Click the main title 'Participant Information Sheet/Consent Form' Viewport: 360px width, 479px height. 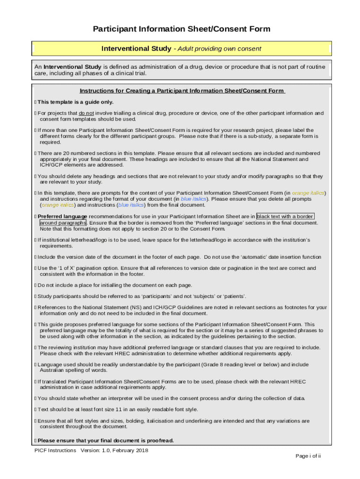click(181, 29)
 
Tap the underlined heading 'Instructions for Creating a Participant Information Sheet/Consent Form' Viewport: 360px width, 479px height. click(181, 91)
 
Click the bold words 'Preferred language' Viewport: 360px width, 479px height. click(62, 217)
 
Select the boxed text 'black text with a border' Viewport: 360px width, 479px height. click(285, 217)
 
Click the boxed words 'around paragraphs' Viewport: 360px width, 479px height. click(63, 223)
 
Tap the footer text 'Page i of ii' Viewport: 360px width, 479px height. click(308, 456)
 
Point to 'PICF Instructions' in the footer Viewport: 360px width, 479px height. click(55, 450)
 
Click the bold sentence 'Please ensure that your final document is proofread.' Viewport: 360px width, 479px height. click(106, 441)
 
